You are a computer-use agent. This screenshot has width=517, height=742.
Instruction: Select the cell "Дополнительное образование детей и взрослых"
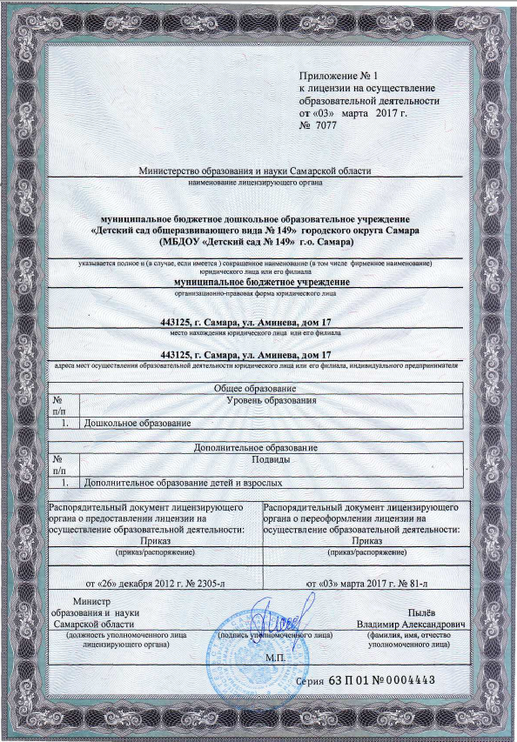(x=181, y=481)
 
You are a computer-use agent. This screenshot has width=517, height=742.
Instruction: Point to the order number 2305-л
(x=205, y=579)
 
